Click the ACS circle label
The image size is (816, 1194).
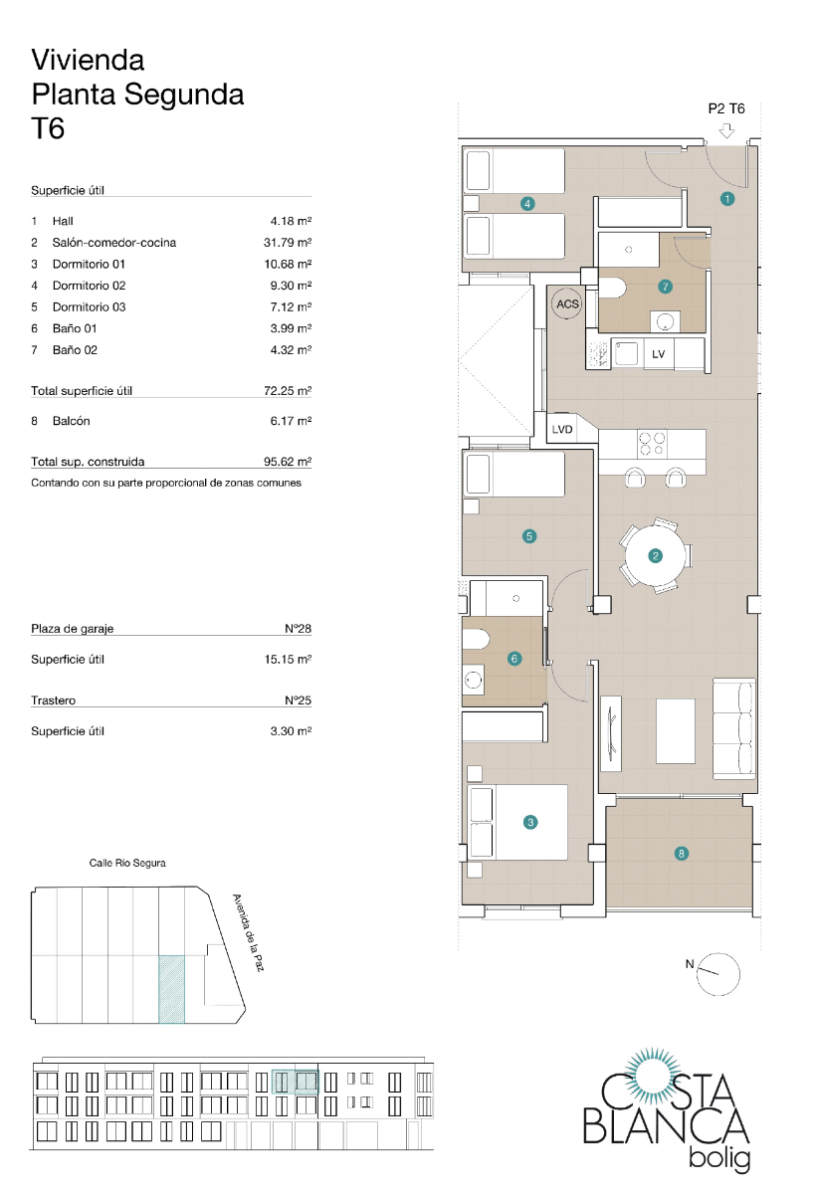tap(567, 304)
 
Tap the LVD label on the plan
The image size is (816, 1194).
tap(562, 430)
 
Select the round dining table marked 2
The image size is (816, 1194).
tap(655, 556)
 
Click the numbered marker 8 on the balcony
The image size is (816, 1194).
tap(681, 853)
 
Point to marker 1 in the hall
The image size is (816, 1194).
tap(727, 199)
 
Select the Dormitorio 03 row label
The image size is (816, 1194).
tap(89, 307)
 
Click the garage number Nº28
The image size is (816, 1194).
tap(298, 629)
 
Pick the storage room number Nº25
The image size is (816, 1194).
tap(298, 700)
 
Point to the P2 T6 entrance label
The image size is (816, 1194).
tap(726, 109)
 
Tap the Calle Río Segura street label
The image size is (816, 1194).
tap(127, 863)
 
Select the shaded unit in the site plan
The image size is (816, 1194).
tap(171, 988)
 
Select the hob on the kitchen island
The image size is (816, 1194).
tap(652, 440)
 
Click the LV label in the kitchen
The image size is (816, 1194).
tap(658, 354)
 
